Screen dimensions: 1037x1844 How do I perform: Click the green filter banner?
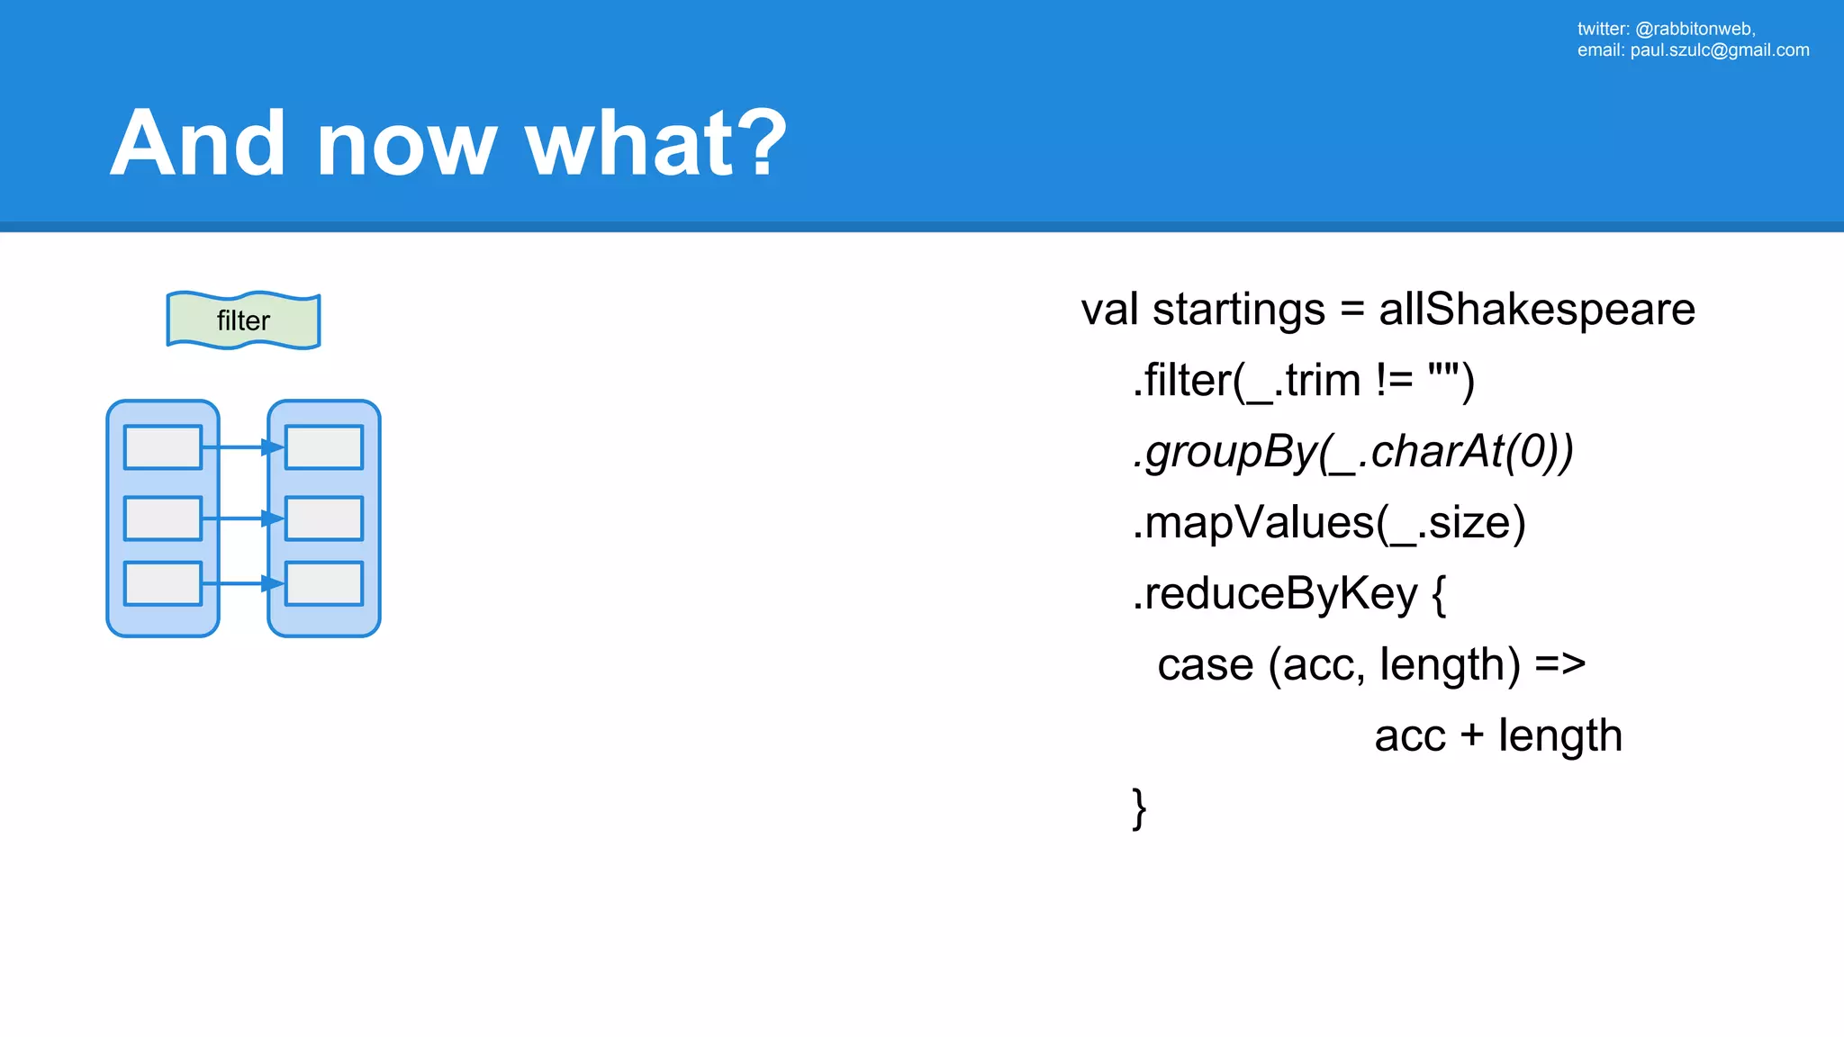tap(243, 320)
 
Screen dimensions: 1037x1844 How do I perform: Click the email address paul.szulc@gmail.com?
tap(1720, 50)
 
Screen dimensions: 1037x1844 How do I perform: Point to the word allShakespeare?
tap(1537, 310)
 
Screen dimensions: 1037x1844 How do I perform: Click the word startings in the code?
tap(1239, 310)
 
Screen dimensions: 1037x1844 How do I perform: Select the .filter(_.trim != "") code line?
tap(1303, 381)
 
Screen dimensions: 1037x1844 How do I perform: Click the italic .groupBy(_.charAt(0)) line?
tap(1352, 452)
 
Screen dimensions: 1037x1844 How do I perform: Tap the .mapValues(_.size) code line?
tap(1329, 523)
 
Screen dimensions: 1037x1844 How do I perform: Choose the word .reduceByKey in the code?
tap(1275, 594)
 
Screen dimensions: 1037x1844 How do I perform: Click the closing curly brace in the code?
tap(1139, 807)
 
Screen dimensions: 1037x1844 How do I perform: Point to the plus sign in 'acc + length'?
tap(1472, 735)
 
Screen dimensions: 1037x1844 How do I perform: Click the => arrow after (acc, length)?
tap(1560, 665)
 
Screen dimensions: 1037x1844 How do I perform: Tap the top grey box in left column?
tap(163, 447)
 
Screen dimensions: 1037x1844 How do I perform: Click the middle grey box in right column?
tap(324, 518)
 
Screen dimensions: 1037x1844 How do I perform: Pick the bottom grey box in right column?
tap(324, 584)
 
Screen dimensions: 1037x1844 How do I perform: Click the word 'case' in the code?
tap(1205, 665)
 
